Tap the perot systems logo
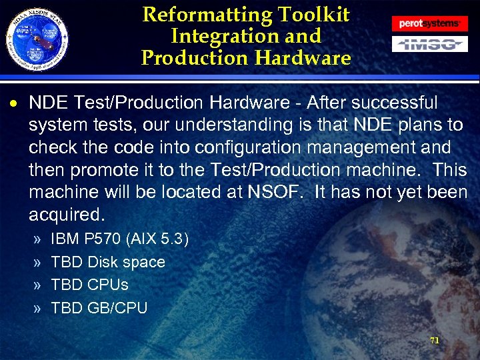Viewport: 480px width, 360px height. pyautogui.click(x=429, y=23)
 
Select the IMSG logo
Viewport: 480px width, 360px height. pyautogui.click(x=429, y=45)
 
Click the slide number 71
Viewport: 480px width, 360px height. pyautogui.click(x=434, y=340)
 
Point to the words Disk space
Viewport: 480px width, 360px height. pyautogui.click(x=127, y=262)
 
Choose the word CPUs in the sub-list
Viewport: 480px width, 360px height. pyautogui.click(x=108, y=285)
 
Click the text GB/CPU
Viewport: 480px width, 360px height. pyautogui.click(x=117, y=307)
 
